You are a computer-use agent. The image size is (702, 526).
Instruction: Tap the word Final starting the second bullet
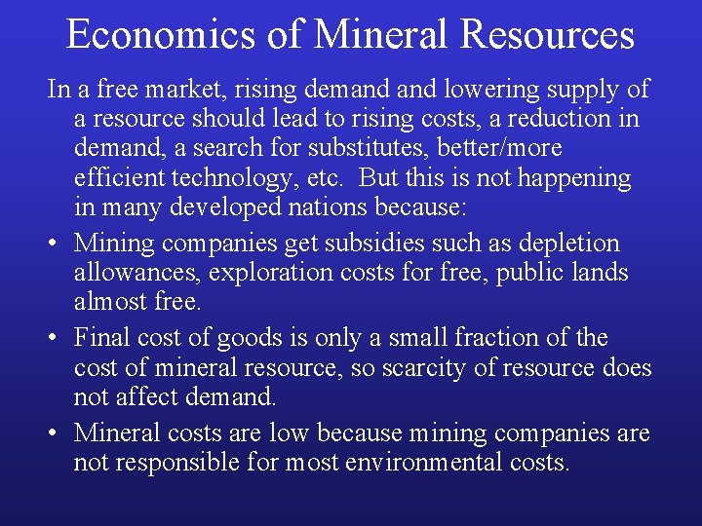[99, 338]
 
